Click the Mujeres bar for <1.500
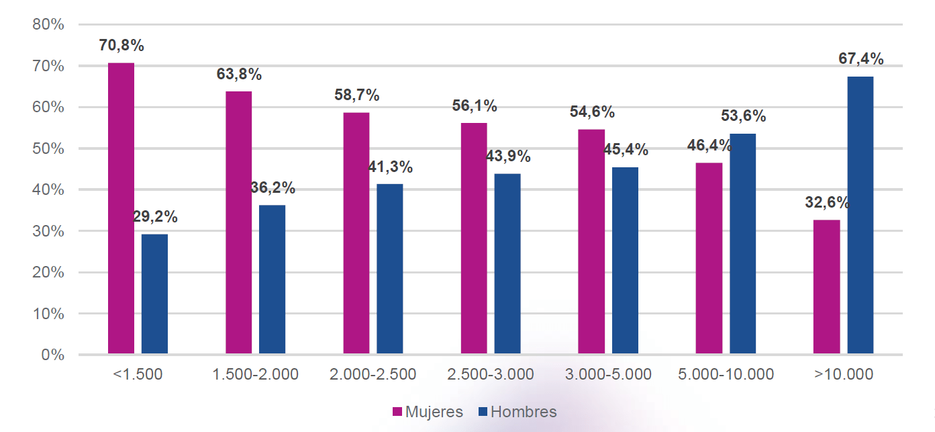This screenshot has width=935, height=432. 121,208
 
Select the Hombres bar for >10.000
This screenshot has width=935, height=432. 860,215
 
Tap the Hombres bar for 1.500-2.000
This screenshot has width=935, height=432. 272,279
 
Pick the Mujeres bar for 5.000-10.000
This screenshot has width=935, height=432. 709,258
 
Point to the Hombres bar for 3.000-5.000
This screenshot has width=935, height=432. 625,261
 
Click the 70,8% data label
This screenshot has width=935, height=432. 121,46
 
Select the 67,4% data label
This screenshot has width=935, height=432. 860,59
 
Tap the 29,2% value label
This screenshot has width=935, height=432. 155,217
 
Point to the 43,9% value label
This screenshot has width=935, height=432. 508,157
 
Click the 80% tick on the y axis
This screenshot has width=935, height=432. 48,25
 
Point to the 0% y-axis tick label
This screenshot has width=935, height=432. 52,355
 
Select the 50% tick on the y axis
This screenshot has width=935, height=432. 48,148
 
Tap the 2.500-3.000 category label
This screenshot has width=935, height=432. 491,374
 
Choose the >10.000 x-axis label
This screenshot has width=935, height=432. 844,374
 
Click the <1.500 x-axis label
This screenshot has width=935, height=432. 138,374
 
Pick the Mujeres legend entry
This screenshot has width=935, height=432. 428,412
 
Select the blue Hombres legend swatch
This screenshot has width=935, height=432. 483,412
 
